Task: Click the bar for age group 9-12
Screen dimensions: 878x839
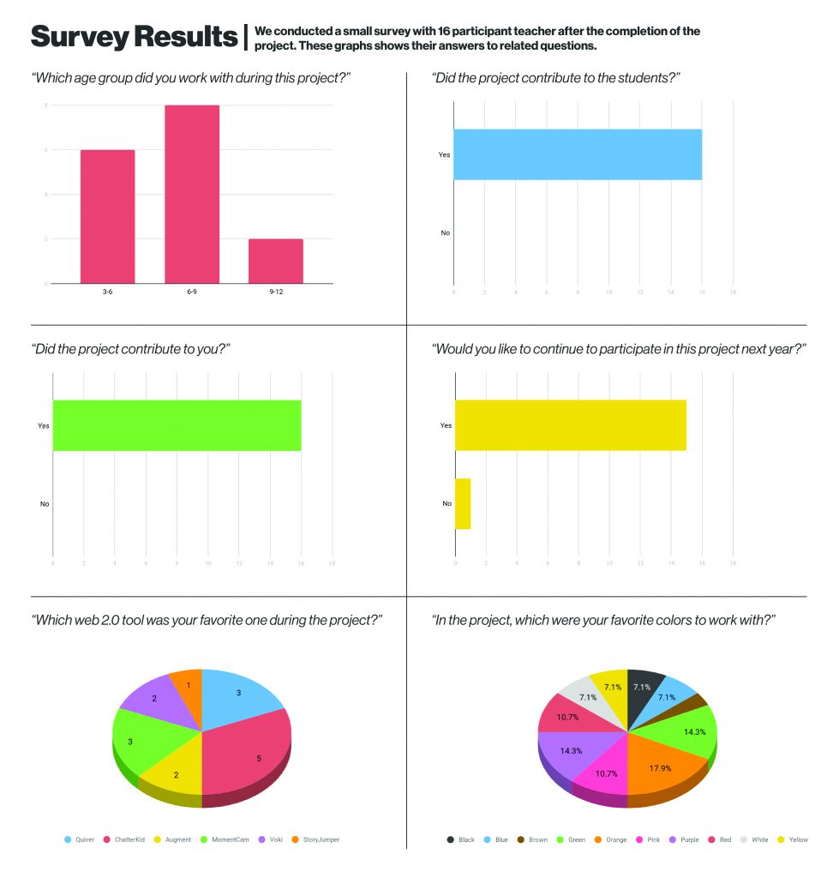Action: click(275, 261)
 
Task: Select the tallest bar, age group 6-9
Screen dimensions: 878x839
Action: click(191, 194)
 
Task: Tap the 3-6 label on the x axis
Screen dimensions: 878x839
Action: click(107, 292)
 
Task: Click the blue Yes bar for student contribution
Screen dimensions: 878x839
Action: click(577, 154)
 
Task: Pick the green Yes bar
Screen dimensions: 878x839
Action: click(177, 425)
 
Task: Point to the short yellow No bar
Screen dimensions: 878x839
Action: click(463, 503)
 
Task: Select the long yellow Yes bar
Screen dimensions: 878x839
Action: click(570, 425)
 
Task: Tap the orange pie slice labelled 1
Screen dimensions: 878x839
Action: click(186, 686)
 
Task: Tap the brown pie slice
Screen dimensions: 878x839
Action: click(698, 702)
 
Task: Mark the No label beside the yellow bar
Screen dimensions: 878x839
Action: click(446, 503)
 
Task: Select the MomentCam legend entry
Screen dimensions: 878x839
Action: click(227, 839)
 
